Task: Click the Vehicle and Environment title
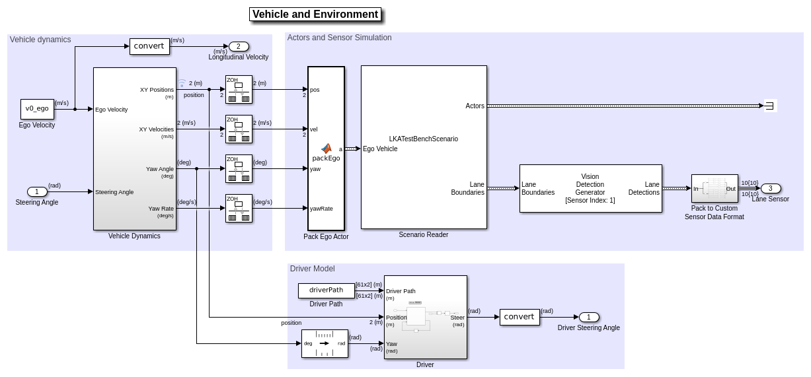point(315,15)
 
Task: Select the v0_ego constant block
point(37,109)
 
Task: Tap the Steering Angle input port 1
point(37,191)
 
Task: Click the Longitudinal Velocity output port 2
point(239,46)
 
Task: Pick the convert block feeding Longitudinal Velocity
point(149,46)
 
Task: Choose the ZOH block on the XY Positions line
point(239,89)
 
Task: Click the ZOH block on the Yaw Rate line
point(239,208)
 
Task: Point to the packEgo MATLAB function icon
point(326,149)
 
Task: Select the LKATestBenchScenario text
point(423,139)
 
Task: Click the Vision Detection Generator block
point(590,188)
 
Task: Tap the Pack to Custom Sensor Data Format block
point(714,188)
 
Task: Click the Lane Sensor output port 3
point(771,188)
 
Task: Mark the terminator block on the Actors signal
point(770,106)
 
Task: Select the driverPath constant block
point(327,291)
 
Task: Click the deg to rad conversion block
point(325,343)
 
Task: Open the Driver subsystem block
point(425,317)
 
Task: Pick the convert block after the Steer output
point(520,317)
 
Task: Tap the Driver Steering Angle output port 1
point(589,317)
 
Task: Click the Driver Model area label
point(312,269)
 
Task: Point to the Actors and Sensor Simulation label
point(339,38)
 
